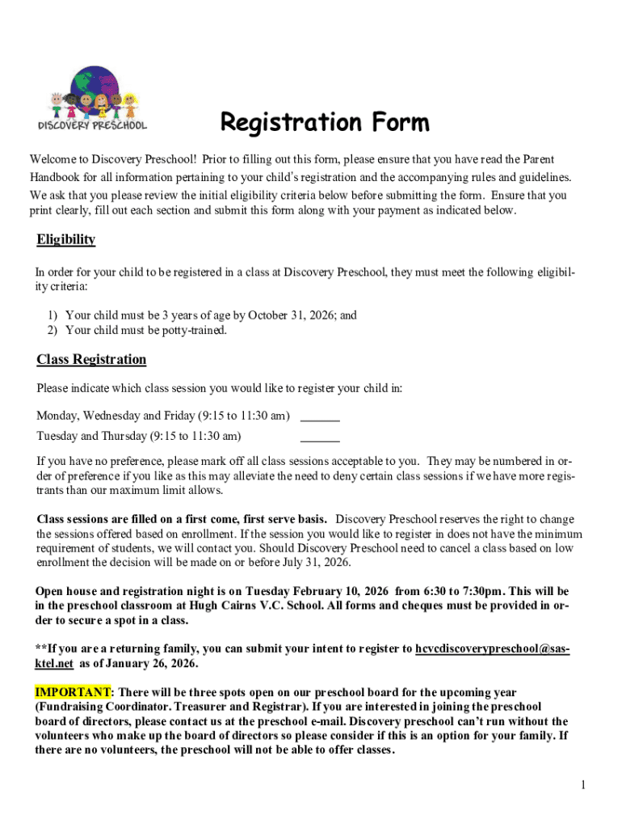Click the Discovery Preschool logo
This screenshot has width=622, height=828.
[x=92, y=99]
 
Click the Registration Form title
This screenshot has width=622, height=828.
[x=325, y=123]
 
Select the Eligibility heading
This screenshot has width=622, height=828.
[x=66, y=239]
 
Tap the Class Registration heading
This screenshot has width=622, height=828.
[x=91, y=359]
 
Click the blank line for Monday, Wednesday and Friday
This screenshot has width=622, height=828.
[x=320, y=418]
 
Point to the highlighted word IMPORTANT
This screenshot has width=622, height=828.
[x=73, y=692]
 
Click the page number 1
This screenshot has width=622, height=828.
[x=582, y=784]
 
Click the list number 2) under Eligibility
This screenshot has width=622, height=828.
[x=52, y=330]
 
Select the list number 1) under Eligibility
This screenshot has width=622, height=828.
[x=52, y=315]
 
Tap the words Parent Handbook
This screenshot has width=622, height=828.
[x=525, y=160]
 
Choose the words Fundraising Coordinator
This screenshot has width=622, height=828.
[x=103, y=707]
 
